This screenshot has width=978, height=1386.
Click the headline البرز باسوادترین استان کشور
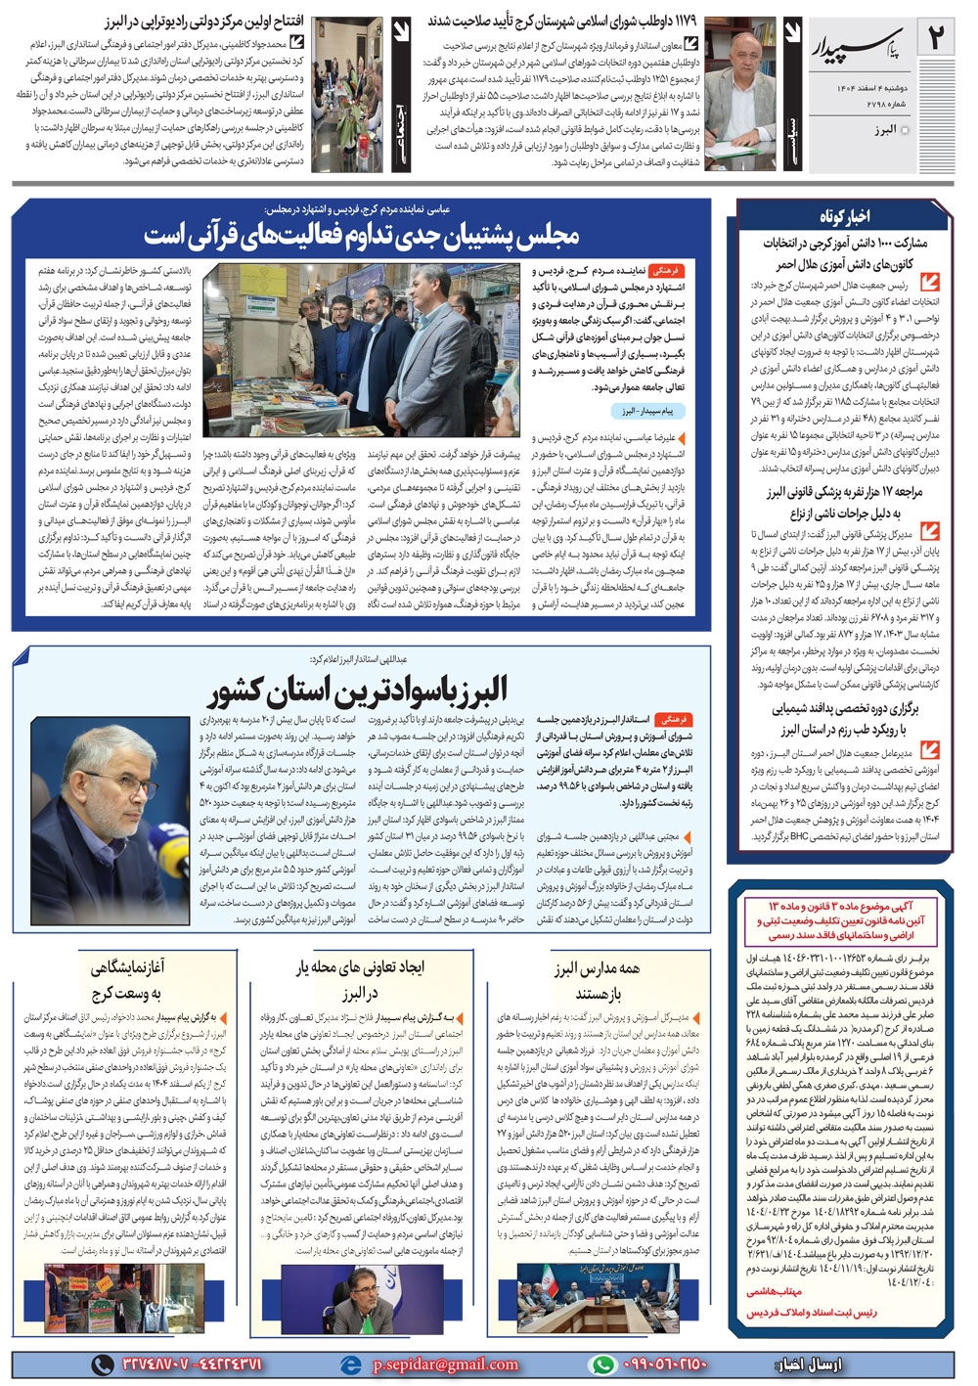pos(358,692)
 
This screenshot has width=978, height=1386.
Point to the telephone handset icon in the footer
pos(102,1364)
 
